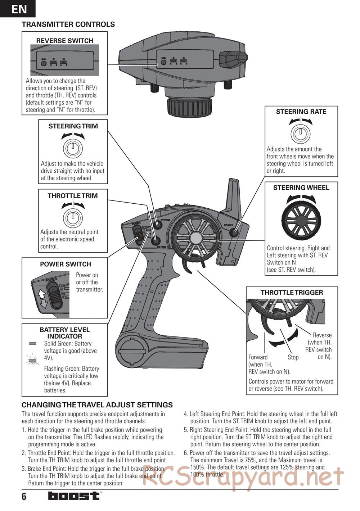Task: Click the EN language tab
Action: (18, 9)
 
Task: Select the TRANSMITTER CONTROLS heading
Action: (68, 24)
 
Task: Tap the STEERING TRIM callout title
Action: (73, 126)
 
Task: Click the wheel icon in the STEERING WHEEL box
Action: (301, 220)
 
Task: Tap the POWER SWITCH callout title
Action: (66, 264)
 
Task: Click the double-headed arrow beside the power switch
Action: (42, 299)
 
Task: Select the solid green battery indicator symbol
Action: (33, 344)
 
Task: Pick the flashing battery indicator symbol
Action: (33, 360)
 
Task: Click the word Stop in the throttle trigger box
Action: (293, 357)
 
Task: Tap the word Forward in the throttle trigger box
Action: (258, 357)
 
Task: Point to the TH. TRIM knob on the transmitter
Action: (156, 241)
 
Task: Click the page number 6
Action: (24, 497)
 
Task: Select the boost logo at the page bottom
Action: (74, 496)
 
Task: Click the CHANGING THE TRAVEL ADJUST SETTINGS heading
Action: (97, 405)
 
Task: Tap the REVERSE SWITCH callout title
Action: (65, 41)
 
